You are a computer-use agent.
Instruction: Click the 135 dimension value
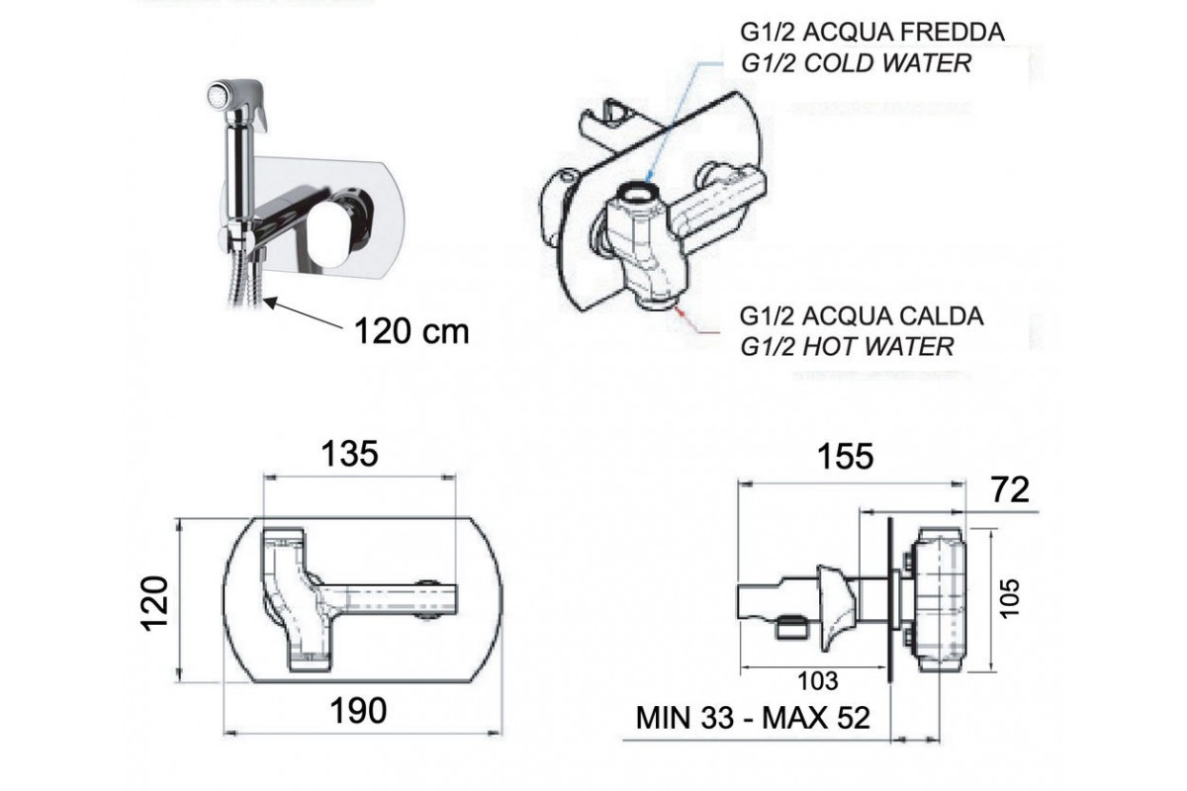(350, 454)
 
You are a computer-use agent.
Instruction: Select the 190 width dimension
(358, 711)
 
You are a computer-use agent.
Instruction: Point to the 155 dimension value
(845, 457)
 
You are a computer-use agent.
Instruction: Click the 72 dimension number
(1011, 490)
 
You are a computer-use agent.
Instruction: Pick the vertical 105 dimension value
(1009, 598)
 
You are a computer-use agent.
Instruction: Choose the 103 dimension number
(818, 681)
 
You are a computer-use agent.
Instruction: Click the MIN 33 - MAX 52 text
(753, 718)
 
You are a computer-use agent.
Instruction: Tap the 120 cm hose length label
(411, 331)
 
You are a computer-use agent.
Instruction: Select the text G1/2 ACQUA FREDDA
(872, 33)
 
